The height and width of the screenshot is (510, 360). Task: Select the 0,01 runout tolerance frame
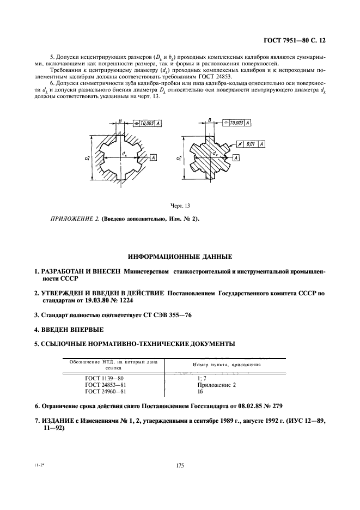[254, 143]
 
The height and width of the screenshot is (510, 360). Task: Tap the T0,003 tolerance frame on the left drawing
[147, 124]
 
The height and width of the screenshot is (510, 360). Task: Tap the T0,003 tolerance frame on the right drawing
[239, 123]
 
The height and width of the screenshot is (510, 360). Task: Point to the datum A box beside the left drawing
[154, 157]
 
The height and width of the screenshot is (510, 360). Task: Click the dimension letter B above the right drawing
[209, 116]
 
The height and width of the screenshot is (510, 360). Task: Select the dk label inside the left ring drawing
[125, 154]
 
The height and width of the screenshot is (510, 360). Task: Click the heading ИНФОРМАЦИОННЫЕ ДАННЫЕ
[180, 256]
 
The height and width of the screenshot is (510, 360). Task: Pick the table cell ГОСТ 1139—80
[108, 377]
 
